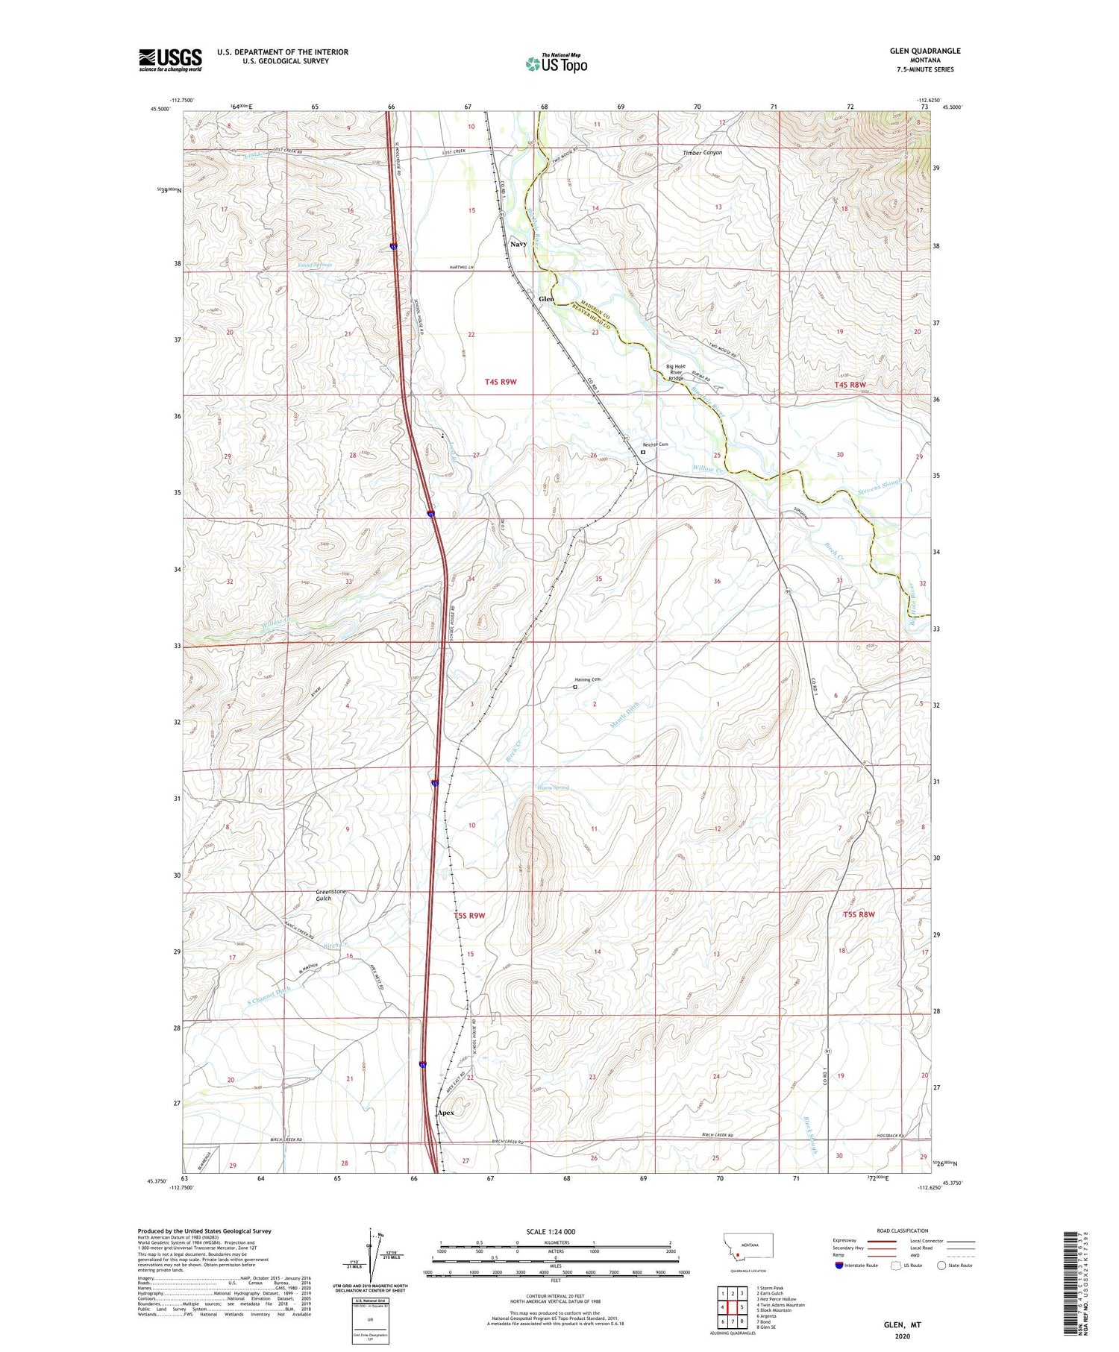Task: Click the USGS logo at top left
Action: click(x=170, y=60)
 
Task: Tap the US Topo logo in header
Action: click(x=557, y=64)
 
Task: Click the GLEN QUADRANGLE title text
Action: click(x=924, y=51)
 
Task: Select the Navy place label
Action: click(x=518, y=244)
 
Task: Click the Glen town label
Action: click(x=546, y=299)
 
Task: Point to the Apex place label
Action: click(x=445, y=1113)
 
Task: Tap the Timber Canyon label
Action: click(x=702, y=153)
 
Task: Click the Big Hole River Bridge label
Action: click(x=676, y=372)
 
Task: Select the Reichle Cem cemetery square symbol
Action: click(x=643, y=451)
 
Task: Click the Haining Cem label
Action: click(x=588, y=679)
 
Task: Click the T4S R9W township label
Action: click(x=501, y=382)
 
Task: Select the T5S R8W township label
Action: click(x=859, y=914)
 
